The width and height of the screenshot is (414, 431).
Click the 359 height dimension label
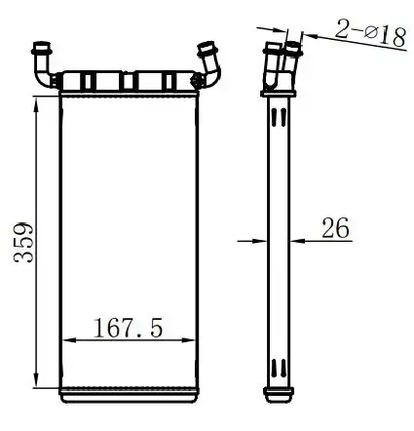[23, 242]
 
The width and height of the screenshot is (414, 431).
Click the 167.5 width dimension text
[128, 328]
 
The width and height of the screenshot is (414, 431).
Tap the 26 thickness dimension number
[335, 227]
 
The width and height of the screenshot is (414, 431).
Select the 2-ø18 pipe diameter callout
[370, 33]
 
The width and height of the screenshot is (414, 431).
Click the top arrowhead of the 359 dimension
[36, 104]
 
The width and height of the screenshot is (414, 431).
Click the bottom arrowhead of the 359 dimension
[36, 379]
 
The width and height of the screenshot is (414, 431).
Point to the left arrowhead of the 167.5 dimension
[69, 340]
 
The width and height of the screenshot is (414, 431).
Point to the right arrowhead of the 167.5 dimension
[188, 340]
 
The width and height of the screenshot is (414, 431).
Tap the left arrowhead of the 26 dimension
[259, 241]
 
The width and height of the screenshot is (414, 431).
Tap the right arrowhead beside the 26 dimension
[297, 241]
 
